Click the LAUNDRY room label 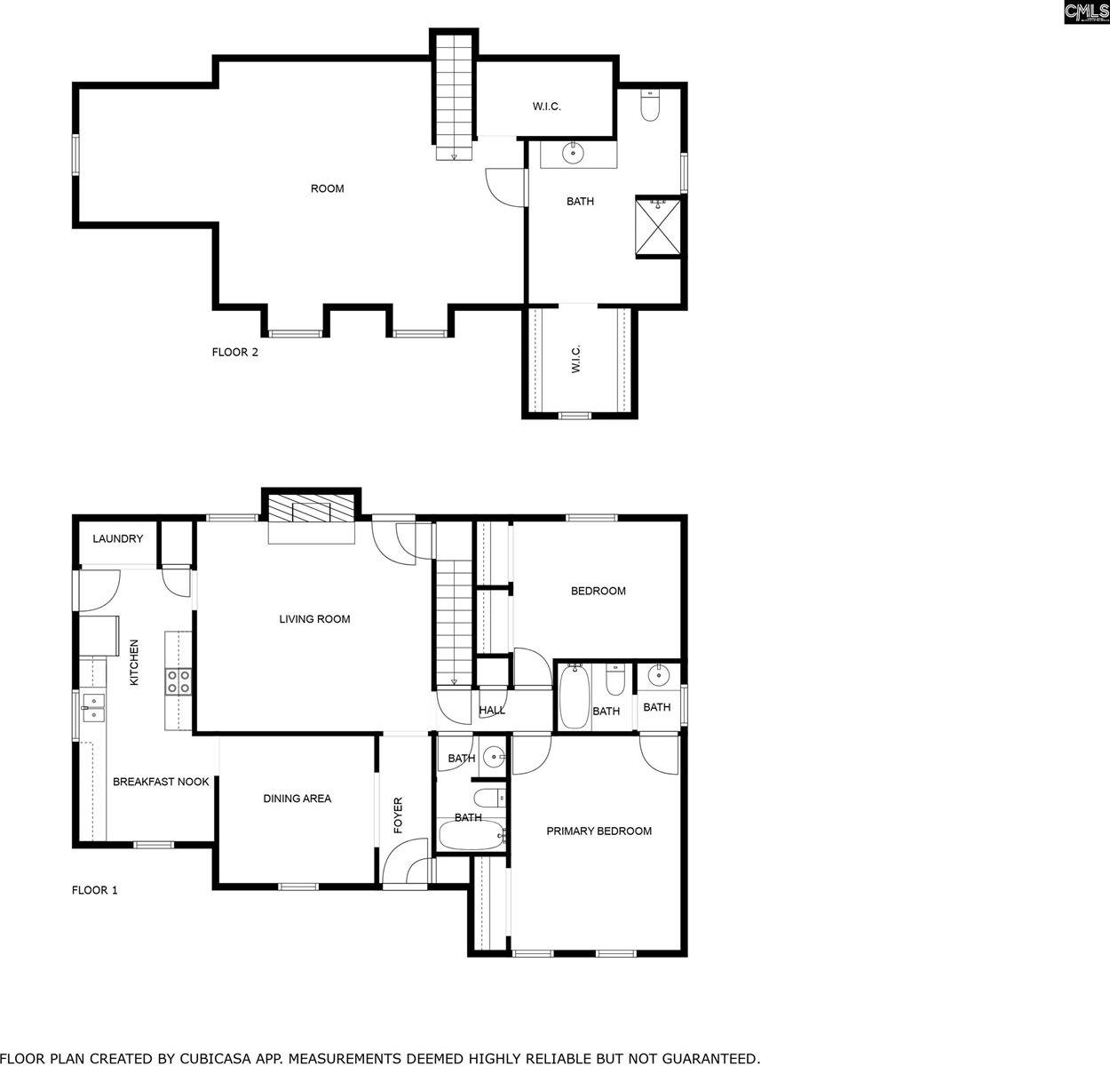[117, 539]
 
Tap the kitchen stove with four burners [178, 681]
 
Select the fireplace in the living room [312, 511]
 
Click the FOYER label [399, 815]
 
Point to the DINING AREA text [297, 799]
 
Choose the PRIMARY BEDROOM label [599, 831]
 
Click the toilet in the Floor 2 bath [650, 107]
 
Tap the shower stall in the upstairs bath [659, 226]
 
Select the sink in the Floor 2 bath [575, 153]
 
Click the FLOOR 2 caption [234, 352]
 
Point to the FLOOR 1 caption [94, 890]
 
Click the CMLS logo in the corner [1085, 12]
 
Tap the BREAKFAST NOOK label [161, 782]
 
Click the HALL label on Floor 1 [492, 711]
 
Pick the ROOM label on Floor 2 [327, 188]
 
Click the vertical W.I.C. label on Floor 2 [575, 359]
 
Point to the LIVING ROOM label [314, 619]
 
